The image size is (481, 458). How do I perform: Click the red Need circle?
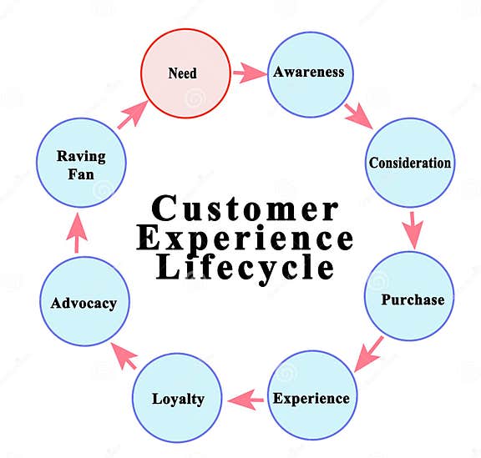tap(185, 73)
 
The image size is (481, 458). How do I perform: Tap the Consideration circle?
tap(409, 163)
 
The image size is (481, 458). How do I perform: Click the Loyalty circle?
tap(178, 398)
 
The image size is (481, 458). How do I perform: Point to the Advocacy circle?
tap(83, 301)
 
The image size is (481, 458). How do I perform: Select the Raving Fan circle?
tap(81, 164)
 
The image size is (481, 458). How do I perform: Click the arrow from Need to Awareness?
tap(248, 73)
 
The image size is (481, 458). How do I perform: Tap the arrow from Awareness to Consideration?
tap(360, 114)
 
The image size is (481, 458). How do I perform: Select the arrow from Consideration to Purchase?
tap(412, 229)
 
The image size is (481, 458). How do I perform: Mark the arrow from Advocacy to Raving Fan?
tap(76, 233)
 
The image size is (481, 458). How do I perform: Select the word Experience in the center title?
tap(245, 239)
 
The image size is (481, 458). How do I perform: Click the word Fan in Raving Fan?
tap(81, 174)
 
